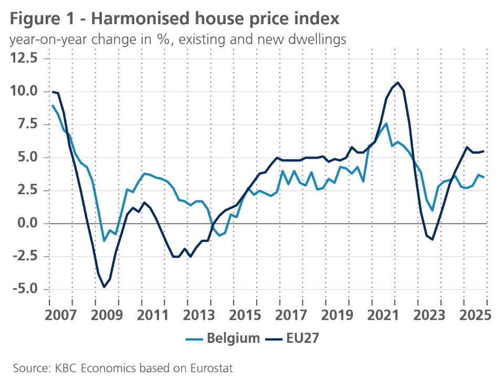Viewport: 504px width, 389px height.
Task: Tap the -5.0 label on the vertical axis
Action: pos(24,289)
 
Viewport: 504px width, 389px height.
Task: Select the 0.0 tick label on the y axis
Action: pos(27,223)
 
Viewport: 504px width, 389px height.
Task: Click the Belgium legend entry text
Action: pos(233,339)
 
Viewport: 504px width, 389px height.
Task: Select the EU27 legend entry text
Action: pos(303,339)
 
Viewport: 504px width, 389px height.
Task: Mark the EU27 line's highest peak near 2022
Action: pos(397,82)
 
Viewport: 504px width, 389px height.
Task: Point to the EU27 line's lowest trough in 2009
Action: pos(104,287)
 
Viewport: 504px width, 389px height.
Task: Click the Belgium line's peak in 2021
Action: pos(386,124)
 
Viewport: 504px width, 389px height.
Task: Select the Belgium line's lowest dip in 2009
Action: pos(104,240)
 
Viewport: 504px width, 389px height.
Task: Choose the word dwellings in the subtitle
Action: pos(318,39)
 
